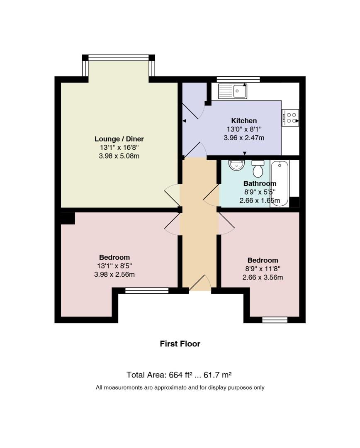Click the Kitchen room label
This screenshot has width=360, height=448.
pos(244,121)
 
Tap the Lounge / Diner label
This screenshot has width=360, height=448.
pos(119,139)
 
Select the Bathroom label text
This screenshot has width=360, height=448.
pos(260,183)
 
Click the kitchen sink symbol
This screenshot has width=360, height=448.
pos(233,91)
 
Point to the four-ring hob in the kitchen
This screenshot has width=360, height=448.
pos(290,118)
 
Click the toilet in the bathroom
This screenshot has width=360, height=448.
pos(258,168)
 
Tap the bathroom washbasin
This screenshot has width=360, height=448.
pos(236,165)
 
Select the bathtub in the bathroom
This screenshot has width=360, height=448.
pos(280,183)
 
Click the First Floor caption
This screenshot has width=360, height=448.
pos(180,344)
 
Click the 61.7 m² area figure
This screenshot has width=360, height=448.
pos(217,375)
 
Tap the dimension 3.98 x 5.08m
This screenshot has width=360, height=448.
pos(119,156)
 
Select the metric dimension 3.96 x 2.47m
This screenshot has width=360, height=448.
pos(244,138)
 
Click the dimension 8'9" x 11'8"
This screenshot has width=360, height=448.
pos(263,269)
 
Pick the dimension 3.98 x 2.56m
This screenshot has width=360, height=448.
pos(114,275)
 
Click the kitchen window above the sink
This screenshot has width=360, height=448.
pos(238,79)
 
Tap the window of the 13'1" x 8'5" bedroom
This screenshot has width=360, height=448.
pos(147,290)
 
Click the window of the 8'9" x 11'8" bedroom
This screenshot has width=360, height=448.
pos(275,320)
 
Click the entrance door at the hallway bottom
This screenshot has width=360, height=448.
pos(200,283)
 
